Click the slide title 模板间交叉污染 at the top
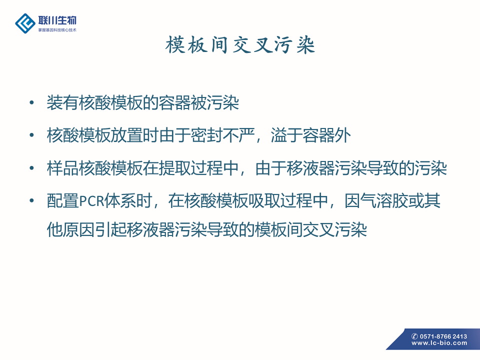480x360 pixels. (x=240, y=45)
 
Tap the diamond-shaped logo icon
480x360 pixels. (x=25, y=23)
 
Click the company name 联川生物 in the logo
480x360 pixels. (x=57, y=20)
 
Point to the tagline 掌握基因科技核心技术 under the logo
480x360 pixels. (x=57, y=30)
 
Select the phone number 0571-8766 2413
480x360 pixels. (x=443, y=336)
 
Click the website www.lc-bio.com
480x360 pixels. (x=439, y=343)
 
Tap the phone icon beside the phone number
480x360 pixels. (x=415, y=336)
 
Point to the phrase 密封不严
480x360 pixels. (x=222, y=135)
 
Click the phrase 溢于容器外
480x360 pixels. (x=310, y=135)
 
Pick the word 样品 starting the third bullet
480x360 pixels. (x=62, y=168)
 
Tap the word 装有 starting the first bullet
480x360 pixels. (x=62, y=102)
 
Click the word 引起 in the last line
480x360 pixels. (x=110, y=229)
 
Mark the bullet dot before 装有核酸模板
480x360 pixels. (x=31, y=102)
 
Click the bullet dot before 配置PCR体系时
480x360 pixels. (x=31, y=201)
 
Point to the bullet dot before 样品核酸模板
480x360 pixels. (x=31, y=168)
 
